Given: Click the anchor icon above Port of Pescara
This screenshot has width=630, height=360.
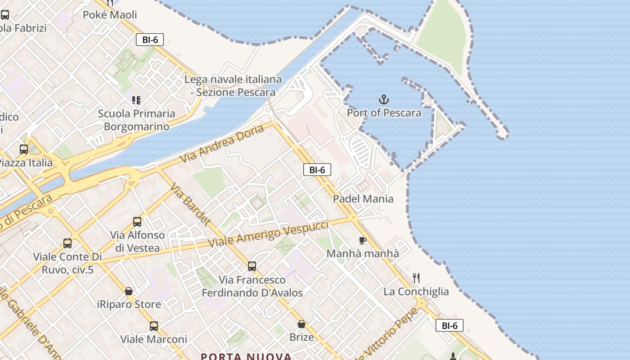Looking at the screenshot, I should click(x=384, y=99).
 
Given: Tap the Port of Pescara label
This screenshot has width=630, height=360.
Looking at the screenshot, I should click(x=384, y=112).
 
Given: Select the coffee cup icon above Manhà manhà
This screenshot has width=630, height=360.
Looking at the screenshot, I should click(x=362, y=240).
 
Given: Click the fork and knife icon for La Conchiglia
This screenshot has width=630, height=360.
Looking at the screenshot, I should click(x=416, y=278).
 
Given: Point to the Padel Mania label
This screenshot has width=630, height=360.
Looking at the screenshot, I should click(x=363, y=198).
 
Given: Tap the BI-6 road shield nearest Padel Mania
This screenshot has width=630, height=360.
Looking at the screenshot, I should click(x=317, y=170).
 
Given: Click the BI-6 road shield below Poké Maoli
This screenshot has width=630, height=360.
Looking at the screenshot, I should click(x=150, y=40).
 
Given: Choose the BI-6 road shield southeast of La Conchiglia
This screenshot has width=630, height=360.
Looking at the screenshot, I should click(x=449, y=325).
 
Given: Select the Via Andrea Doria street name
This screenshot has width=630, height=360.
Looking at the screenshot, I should click(x=222, y=144).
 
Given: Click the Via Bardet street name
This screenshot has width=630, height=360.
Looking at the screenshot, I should click(x=190, y=204).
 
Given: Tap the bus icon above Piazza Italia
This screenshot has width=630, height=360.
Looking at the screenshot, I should click(x=24, y=149).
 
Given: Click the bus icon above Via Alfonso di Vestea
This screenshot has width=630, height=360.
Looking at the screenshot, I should click(x=137, y=221).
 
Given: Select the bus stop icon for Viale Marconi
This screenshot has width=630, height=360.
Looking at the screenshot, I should click(x=153, y=326).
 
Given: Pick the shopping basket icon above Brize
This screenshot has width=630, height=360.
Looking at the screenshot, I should click(x=301, y=324).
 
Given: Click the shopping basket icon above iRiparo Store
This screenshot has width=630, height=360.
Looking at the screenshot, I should click(x=129, y=291).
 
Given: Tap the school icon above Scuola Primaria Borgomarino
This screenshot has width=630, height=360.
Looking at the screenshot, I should click(x=136, y=100).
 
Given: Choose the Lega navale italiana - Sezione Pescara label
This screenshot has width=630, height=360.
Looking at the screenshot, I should click(x=233, y=86).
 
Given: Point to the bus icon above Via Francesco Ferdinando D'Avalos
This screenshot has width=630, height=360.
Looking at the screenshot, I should click(x=252, y=266).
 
